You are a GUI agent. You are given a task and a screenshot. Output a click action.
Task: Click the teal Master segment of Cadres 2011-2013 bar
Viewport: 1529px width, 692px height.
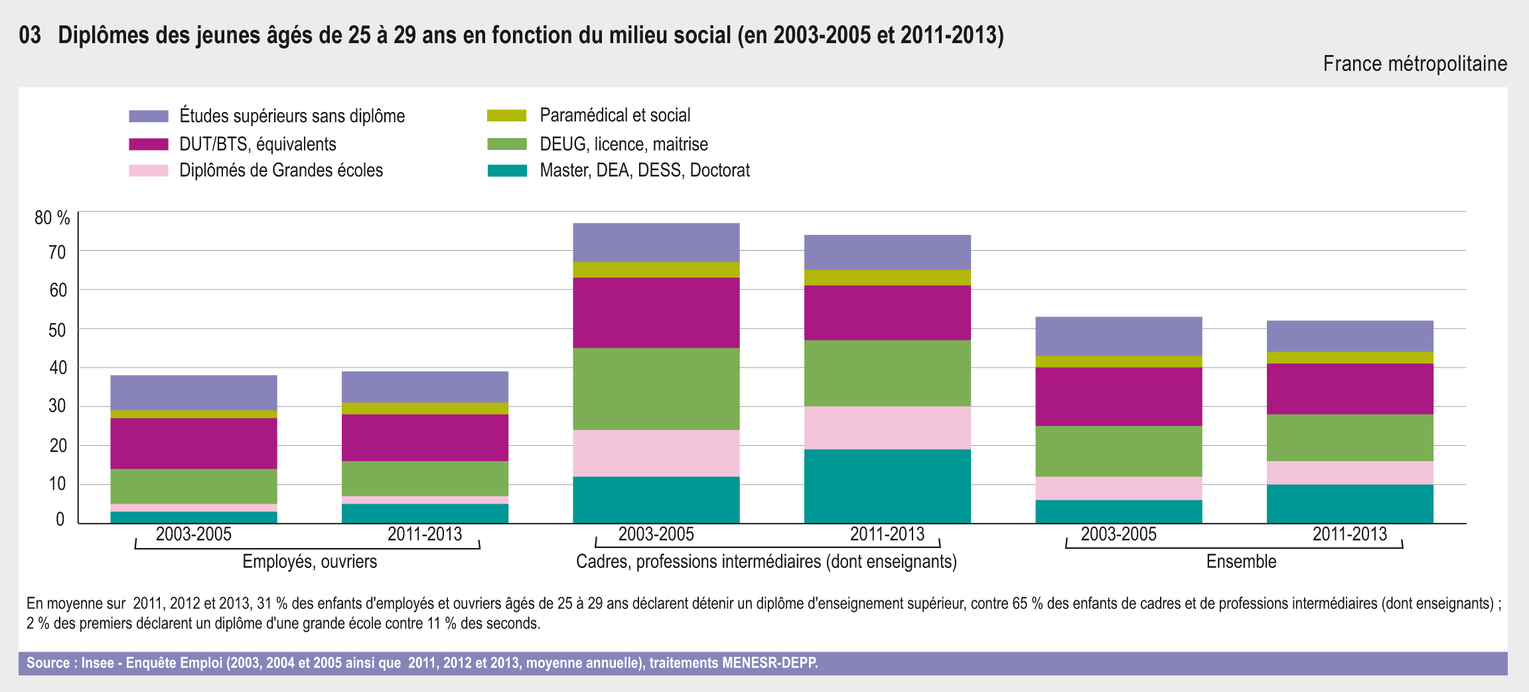(x=887, y=486)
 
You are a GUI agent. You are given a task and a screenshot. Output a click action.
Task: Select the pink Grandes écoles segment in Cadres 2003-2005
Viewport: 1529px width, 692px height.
(x=656, y=453)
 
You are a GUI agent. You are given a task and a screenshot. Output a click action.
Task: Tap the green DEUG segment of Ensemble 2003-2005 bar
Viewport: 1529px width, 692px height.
(x=1118, y=451)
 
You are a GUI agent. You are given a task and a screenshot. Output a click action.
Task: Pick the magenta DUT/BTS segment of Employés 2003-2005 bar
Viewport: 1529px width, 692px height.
(x=194, y=443)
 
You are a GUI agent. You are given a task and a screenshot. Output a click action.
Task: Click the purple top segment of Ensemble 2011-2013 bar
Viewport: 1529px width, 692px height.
(x=1350, y=336)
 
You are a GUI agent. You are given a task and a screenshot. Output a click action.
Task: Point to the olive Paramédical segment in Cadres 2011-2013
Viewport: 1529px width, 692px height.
(x=887, y=277)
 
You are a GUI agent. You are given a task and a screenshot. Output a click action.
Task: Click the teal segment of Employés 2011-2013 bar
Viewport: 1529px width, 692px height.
(x=425, y=514)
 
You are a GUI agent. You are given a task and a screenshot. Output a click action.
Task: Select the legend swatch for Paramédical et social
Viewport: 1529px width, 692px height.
(x=506, y=115)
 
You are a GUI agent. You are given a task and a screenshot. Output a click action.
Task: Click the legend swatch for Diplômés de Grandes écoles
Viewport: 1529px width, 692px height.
(x=148, y=171)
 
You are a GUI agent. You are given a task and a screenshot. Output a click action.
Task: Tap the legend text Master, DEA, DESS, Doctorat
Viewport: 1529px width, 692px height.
(x=644, y=171)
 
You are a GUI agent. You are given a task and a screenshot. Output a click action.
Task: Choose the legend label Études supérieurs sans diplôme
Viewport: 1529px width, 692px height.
(x=292, y=116)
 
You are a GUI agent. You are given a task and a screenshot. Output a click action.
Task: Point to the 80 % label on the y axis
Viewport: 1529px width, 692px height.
(x=52, y=218)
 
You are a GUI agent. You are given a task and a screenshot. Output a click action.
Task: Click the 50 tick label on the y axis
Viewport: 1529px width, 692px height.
(x=58, y=330)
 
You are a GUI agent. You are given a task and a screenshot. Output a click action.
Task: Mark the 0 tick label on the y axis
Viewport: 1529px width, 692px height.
(x=60, y=519)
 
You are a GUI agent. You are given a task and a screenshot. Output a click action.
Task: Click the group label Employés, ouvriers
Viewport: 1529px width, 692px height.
(x=309, y=561)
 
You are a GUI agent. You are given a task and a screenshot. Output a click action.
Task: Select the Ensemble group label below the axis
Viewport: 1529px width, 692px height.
(x=1241, y=561)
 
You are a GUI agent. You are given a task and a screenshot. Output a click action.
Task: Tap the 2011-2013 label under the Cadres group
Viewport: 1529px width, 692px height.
(x=887, y=534)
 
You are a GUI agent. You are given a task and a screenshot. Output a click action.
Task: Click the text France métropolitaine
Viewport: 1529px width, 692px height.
(x=1415, y=64)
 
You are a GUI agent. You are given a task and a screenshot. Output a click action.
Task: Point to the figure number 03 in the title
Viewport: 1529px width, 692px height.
(x=30, y=35)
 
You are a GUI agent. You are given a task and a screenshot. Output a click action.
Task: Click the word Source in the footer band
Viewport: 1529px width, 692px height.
(x=48, y=663)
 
